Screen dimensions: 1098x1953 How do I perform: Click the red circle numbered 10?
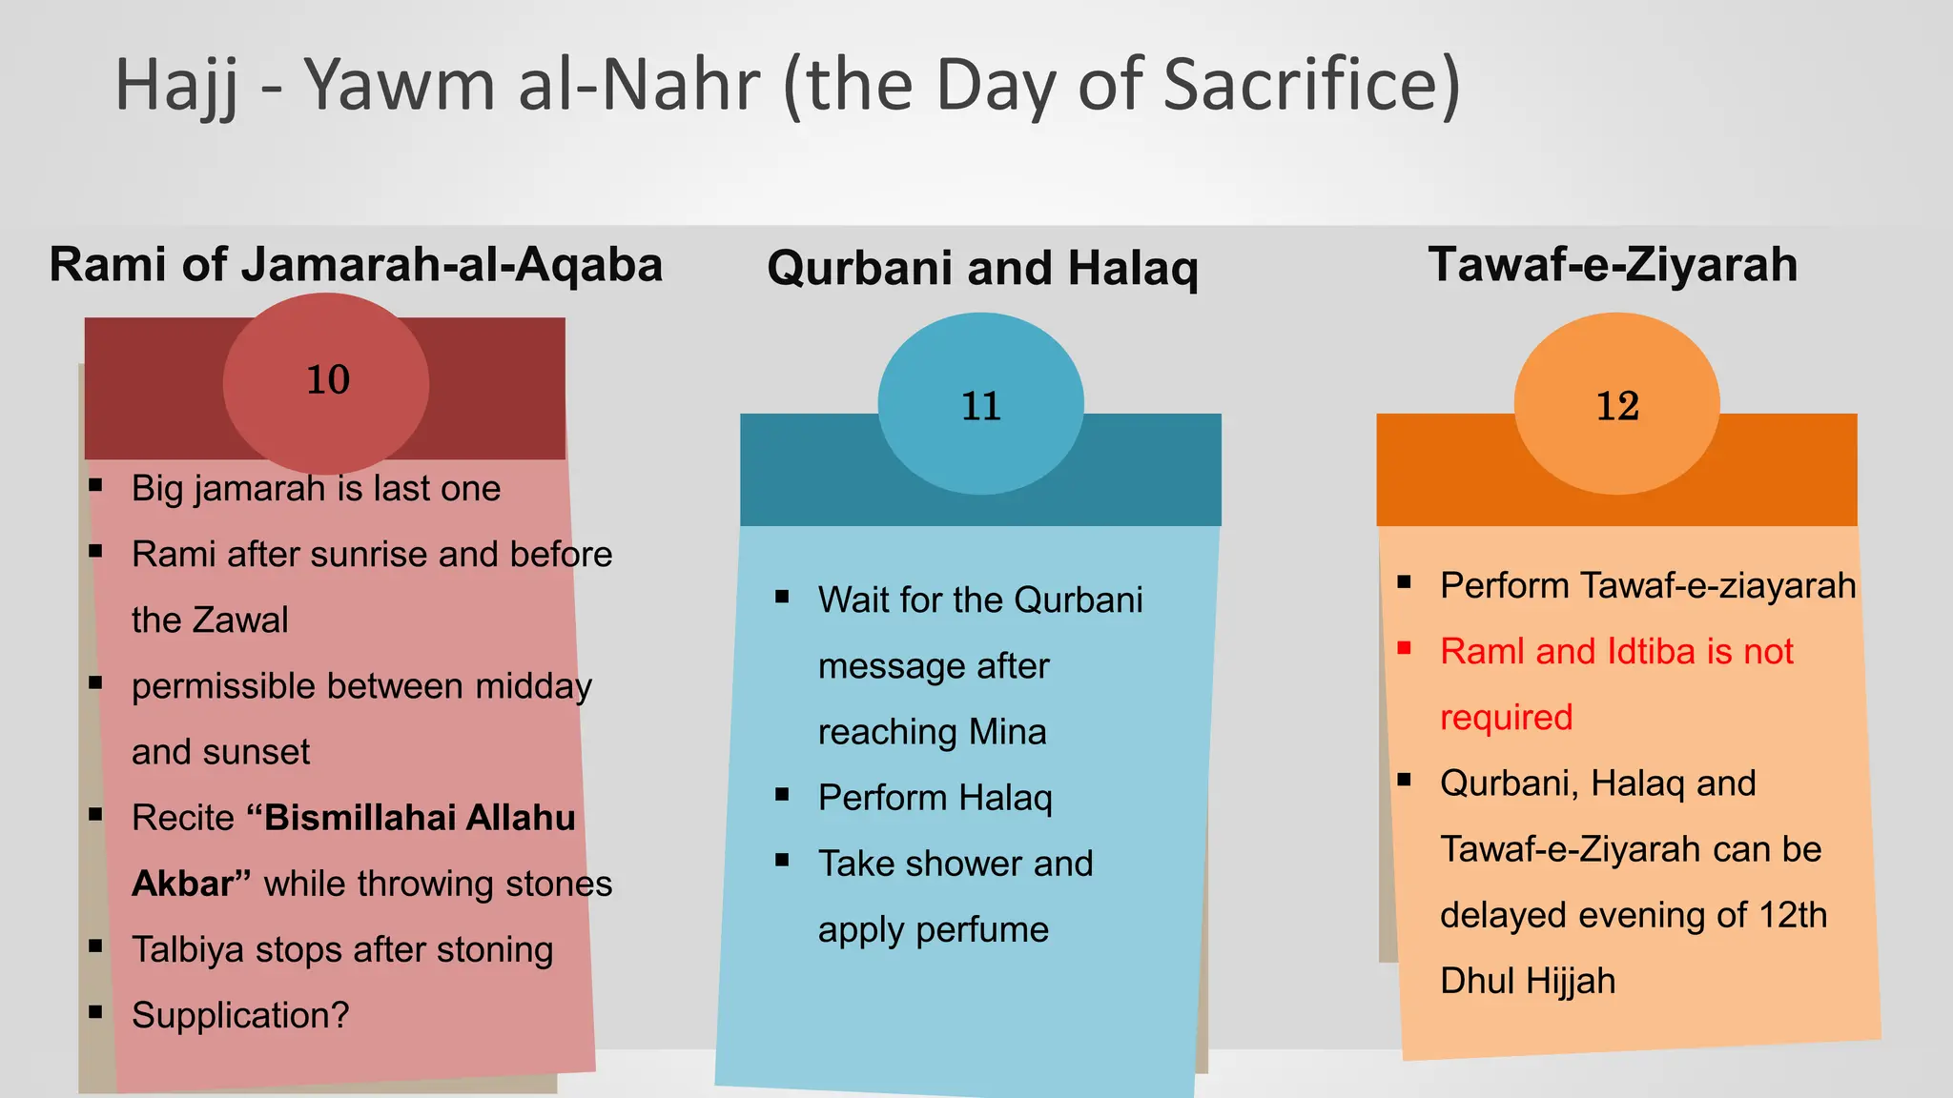326,383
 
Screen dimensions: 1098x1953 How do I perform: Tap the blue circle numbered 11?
980,404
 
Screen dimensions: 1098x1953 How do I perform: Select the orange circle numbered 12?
1616,404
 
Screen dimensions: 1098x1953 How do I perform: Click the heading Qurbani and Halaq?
982,268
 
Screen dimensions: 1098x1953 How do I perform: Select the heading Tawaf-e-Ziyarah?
1613,264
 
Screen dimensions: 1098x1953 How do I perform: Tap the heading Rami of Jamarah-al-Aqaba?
356,264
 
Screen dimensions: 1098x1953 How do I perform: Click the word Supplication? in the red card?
240,1015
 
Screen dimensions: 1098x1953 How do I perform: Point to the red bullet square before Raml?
1404,648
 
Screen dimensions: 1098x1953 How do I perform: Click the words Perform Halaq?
935,798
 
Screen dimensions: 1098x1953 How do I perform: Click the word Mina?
1007,732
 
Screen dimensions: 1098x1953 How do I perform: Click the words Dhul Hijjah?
1528,981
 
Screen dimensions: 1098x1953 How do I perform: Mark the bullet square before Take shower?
782,860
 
